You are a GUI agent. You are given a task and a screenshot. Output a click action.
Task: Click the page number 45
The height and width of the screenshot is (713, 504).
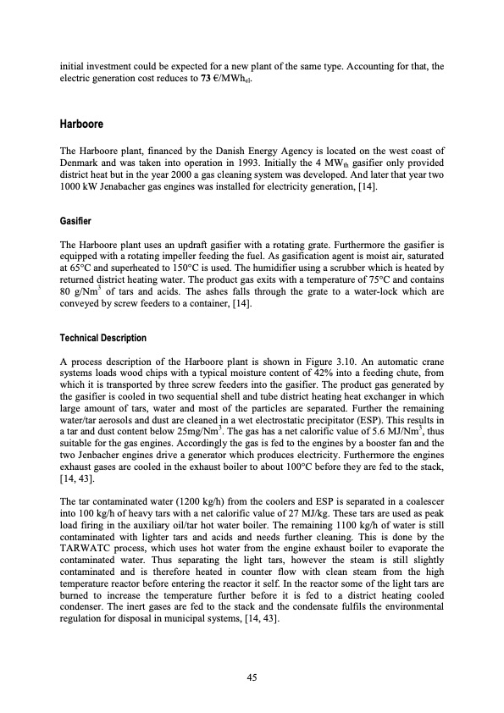click(x=252, y=677)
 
